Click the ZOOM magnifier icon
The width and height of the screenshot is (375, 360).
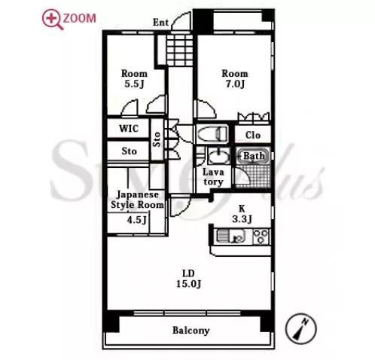pos(53,20)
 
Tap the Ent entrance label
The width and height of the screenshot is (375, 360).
pos(160,23)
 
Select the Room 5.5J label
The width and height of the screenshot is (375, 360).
pos(134,78)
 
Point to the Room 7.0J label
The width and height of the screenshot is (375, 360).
pos(235,78)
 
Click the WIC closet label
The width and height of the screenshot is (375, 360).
pos(129,129)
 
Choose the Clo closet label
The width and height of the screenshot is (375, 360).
pos(253,135)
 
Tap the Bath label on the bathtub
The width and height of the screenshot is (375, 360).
pos(254,156)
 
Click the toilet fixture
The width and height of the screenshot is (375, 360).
pos(212,133)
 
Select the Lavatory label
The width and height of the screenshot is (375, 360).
pos(213,177)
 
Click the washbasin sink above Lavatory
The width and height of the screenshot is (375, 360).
pos(219,156)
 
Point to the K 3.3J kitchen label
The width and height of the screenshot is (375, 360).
pos(242,214)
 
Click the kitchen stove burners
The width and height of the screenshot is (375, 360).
pos(261,236)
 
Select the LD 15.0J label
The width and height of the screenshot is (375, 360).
pos(188,279)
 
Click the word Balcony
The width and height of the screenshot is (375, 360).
pos(191,331)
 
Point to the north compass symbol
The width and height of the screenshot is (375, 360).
pos(300,328)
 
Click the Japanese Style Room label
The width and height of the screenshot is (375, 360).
pos(137,200)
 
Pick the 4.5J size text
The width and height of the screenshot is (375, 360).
pos(136,220)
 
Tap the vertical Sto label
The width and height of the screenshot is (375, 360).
pos(157,139)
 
